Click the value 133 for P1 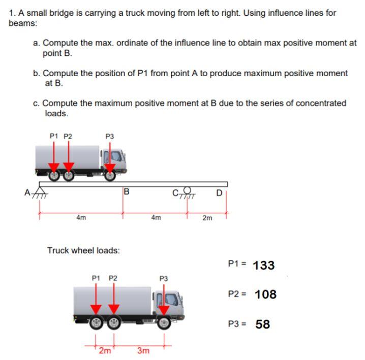[x=263, y=265]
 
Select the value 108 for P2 [x=265, y=294]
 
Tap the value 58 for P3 [x=262, y=324]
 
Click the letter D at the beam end [x=219, y=192]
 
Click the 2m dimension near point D [x=207, y=218]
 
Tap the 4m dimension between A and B [x=80, y=218]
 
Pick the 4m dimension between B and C [x=156, y=218]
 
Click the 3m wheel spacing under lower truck [x=143, y=351]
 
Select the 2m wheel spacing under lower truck [x=104, y=350]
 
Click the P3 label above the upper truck [x=109, y=136]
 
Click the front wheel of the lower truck [x=164, y=323]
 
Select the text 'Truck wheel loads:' [x=83, y=250]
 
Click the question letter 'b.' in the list [x=37, y=73]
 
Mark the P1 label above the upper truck [x=54, y=136]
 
